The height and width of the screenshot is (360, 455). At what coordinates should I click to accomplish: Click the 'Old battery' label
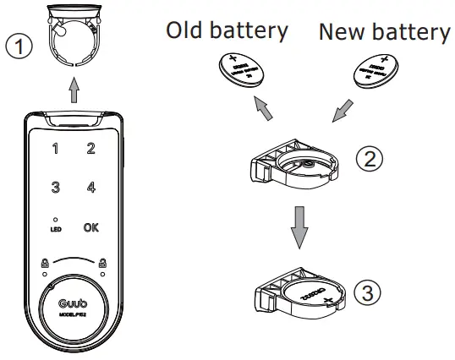[227, 31]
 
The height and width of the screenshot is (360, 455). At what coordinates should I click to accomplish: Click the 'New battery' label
[384, 32]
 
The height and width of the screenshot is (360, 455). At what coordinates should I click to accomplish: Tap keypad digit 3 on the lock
[55, 186]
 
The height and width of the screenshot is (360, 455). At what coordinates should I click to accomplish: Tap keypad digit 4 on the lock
[90, 186]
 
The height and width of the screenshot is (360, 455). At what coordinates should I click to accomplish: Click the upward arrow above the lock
[74, 90]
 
